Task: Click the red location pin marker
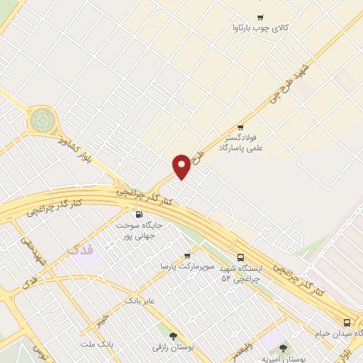181,167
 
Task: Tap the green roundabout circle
42,120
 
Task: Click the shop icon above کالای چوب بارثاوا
260,18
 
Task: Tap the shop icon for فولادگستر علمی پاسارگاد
240,128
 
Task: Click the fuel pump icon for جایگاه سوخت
138,214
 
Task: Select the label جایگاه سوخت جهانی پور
140,229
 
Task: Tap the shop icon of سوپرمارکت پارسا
187,256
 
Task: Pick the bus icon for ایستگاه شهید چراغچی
240,258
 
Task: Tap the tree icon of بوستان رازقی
173,335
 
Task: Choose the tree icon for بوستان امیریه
284,348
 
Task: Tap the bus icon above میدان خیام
346,320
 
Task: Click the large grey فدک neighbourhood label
79,250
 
